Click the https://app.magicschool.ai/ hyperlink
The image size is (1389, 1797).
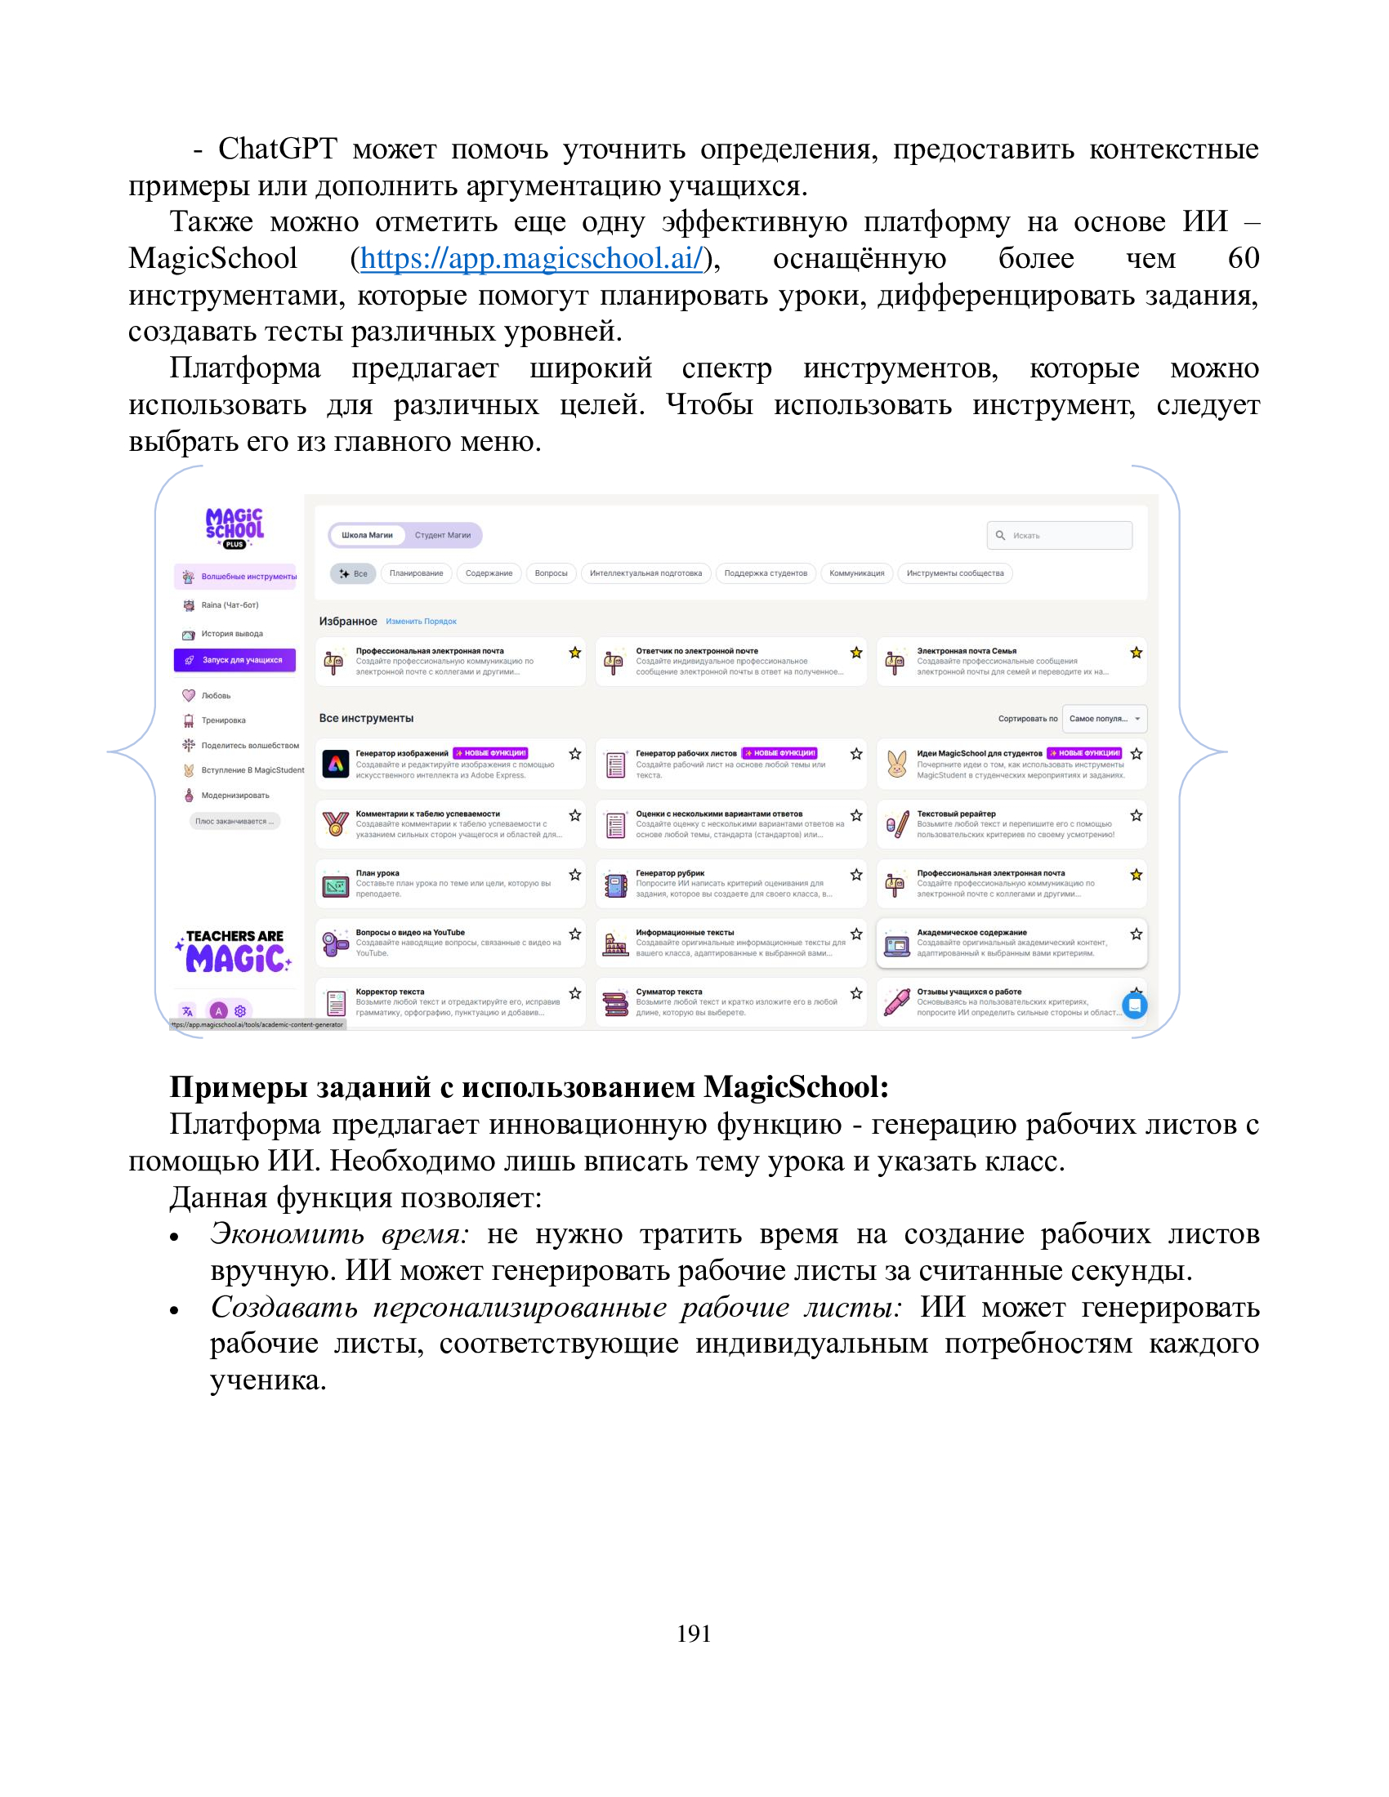pos(532,258)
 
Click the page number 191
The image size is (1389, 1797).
pos(694,1634)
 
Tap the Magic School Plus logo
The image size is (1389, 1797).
pos(234,528)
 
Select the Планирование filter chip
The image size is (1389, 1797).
pos(417,573)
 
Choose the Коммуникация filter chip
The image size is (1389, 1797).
pos(856,573)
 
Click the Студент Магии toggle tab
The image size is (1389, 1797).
pos(443,536)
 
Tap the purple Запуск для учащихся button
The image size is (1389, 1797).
pos(234,660)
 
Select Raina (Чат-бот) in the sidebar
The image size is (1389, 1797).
pos(230,604)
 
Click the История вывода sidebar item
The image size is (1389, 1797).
pos(232,634)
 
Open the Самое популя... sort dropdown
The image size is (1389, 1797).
pos(1105,718)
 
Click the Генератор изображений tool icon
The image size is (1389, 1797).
pos(335,765)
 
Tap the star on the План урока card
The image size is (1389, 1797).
pos(575,875)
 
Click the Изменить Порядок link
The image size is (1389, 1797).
pos(422,622)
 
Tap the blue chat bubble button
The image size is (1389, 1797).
pos(1135,1006)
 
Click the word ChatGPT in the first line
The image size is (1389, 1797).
pos(277,149)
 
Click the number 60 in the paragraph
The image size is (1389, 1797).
pos(1244,258)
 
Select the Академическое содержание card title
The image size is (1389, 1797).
pos(971,932)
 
